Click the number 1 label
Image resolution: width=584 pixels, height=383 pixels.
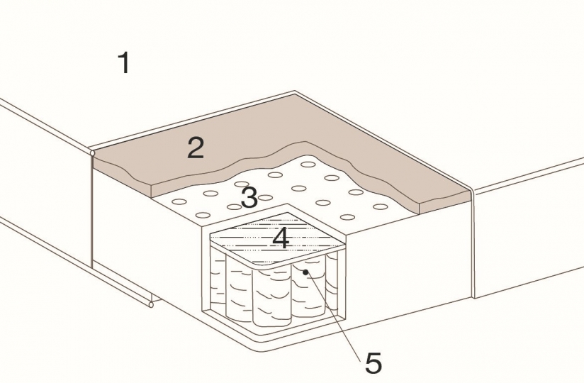pos(125,62)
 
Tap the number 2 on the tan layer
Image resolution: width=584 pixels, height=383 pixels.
pos(196,148)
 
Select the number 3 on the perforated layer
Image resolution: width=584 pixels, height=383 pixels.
pos(249,197)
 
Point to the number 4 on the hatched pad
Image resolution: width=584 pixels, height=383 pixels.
pos(281,238)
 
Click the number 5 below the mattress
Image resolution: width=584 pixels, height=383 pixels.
pos(374,362)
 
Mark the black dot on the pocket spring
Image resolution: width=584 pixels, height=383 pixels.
pos(305,272)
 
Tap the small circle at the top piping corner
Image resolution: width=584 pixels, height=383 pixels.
pos(92,152)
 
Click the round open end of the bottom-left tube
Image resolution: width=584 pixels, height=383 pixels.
pos(151,305)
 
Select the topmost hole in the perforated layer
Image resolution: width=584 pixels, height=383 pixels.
pos(308,165)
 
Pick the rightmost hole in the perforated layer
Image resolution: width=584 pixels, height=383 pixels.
pos(381,207)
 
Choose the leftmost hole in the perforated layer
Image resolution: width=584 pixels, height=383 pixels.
pos(179,201)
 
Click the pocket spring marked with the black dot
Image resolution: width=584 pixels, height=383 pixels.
pos(309,289)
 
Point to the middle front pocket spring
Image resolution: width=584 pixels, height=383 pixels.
pos(271,297)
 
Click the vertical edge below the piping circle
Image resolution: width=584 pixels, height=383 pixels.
pos(92,211)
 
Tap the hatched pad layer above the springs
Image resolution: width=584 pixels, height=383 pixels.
pos(278,238)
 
